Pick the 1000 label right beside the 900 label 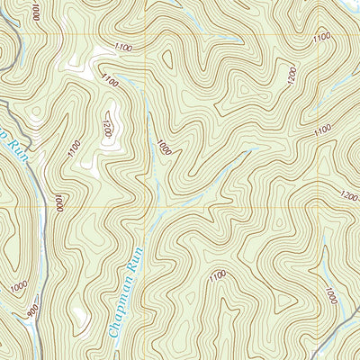[x=20, y=286]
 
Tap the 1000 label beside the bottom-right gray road [x=330, y=296]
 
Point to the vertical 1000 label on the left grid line [x=59, y=203]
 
